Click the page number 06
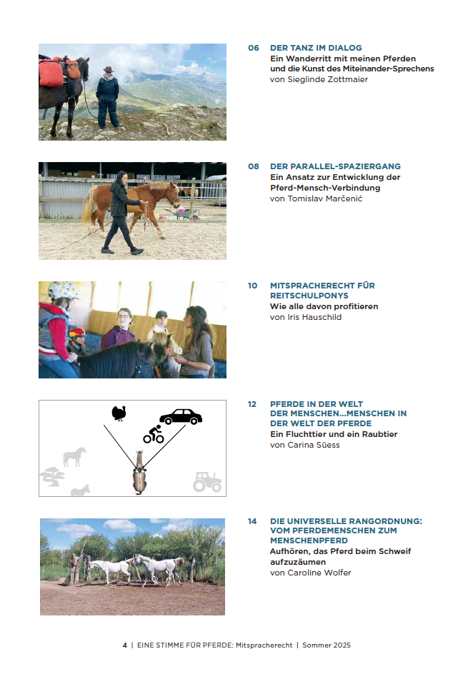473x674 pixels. coord(253,48)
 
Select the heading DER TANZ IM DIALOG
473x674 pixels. coord(315,48)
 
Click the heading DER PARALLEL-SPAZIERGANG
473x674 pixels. coord(335,166)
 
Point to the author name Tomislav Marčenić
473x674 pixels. coord(316,198)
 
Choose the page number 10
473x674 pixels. coord(253,286)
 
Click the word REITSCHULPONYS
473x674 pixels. coord(305,296)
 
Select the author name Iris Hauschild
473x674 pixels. coord(306,317)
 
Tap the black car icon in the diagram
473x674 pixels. coord(180,416)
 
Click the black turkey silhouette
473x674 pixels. coord(119,413)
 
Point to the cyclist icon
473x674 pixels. coord(154,434)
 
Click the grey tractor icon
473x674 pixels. coord(207,482)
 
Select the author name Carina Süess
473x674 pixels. coord(304,445)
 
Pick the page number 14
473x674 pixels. coord(253,521)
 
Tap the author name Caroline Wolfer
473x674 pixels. coord(310,573)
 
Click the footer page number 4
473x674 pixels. coord(124,645)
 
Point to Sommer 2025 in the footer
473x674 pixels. coord(327,645)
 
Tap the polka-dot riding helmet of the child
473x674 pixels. coord(63,291)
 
